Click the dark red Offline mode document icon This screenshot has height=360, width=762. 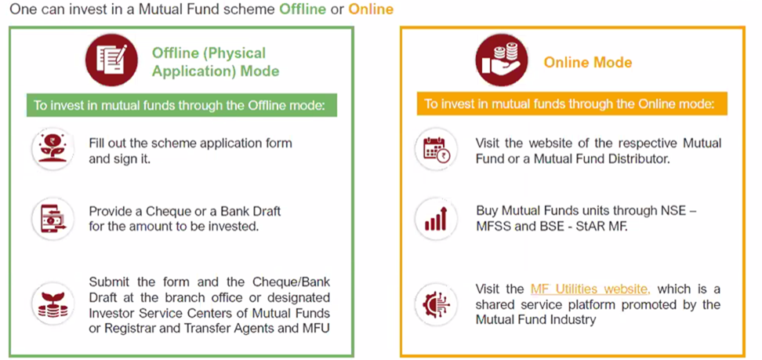(x=111, y=60)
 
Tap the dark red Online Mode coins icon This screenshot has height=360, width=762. (x=501, y=60)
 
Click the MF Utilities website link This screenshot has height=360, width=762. (x=590, y=289)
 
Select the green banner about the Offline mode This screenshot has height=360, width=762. (x=181, y=105)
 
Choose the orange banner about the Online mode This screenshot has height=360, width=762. (x=572, y=104)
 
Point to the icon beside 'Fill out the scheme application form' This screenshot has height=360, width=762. (x=53, y=149)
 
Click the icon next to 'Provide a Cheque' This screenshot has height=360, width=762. (x=53, y=219)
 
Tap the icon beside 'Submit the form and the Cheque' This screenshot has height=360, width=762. (x=53, y=304)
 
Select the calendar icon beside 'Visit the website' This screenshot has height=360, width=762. (x=437, y=149)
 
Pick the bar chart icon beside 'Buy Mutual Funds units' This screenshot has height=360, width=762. (x=437, y=219)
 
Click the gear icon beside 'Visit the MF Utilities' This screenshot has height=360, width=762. (x=437, y=304)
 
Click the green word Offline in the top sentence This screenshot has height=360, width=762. (x=303, y=9)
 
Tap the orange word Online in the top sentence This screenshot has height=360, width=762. (x=371, y=9)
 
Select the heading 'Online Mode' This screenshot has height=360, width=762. (x=587, y=62)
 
